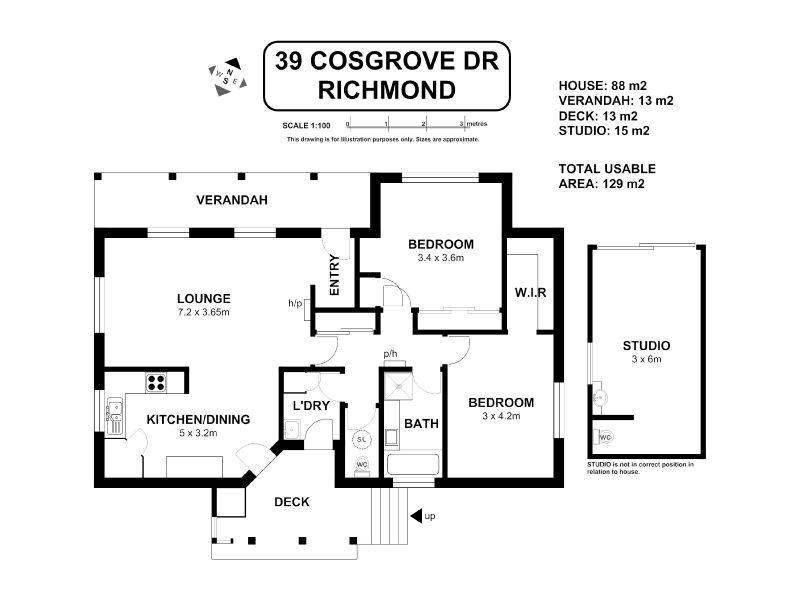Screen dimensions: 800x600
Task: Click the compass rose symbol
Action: (228, 77)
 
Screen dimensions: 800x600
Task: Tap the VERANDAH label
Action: (232, 200)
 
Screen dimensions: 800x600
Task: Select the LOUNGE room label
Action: (204, 298)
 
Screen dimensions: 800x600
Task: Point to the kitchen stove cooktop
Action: (156, 382)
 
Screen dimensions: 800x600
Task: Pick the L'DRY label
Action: (311, 406)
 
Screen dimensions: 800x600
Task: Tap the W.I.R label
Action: (531, 293)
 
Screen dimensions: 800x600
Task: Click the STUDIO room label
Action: (646, 345)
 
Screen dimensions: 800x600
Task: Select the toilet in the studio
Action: (603, 437)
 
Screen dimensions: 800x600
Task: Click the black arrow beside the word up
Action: (416, 516)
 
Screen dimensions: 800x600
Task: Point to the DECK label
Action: (292, 502)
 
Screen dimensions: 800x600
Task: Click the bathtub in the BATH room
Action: (413, 465)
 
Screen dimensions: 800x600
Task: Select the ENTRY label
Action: (335, 275)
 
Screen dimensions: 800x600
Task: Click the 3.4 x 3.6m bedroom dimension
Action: (441, 258)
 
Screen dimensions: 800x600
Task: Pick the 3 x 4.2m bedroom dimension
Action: (502, 416)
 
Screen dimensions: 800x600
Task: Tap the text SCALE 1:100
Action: (307, 126)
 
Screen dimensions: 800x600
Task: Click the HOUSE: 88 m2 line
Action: (603, 86)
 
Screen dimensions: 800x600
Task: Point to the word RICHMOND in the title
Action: (387, 90)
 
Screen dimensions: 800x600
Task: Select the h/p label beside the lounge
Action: (295, 304)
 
